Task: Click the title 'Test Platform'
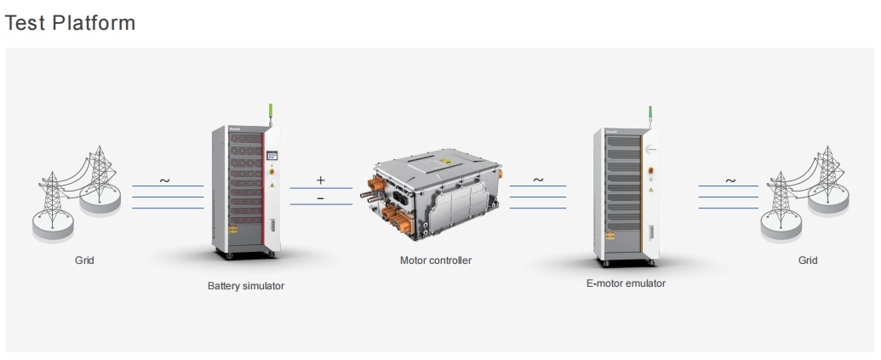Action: click(x=71, y=23)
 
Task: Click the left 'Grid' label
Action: click(x=84, y=260)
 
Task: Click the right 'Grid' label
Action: click(x=807, y=260)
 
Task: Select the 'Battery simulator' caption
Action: click(x=246, y=286)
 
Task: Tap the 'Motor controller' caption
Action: click(x=436, y=260)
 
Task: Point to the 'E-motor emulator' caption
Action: click(x=626, y=283)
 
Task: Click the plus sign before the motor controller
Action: click(x=321, y=180)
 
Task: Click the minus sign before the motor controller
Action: click(x=321, y=197)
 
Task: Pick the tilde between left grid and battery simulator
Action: click(x=164, y=180)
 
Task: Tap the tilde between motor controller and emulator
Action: click(x=538, y=180)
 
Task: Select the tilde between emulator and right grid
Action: click(x=729, y=180)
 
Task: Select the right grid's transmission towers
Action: click(x=804, y=191)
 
